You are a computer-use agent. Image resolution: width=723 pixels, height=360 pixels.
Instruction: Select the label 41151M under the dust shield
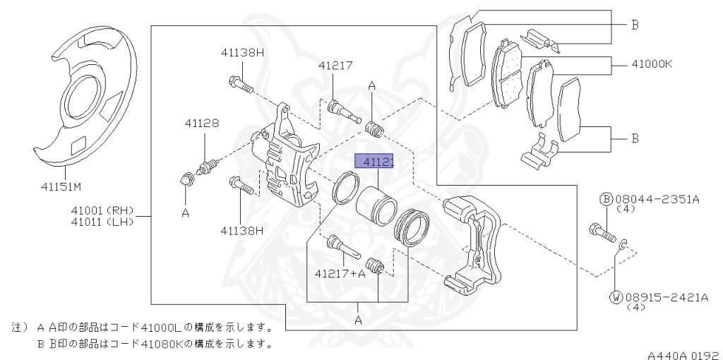point(61,187)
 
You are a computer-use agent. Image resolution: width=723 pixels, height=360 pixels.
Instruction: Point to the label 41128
point(202,123)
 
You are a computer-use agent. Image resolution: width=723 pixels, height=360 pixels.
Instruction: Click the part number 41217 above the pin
point(335,65)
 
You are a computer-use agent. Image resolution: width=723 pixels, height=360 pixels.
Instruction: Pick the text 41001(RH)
point(102,210)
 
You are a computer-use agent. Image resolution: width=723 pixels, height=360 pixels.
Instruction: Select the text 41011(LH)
point(102,222)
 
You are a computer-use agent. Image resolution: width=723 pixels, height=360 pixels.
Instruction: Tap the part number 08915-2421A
point(665,297)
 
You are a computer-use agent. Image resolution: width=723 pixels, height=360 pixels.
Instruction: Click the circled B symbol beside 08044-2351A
point(606,200)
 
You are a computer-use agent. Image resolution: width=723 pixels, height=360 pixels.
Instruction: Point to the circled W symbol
point(616,297)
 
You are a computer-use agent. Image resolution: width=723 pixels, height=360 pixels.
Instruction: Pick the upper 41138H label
point(241,52)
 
